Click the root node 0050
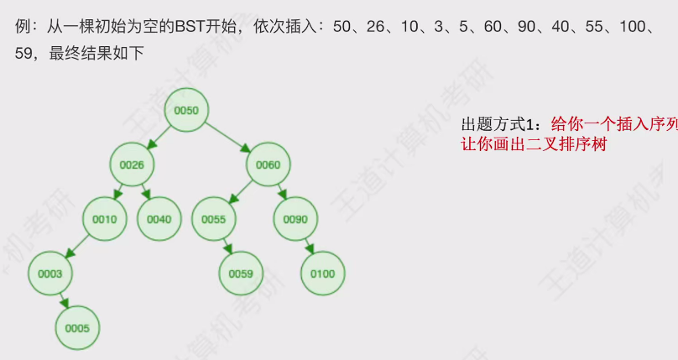[186, 110]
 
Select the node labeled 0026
[132, 164]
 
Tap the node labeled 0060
[268, 164]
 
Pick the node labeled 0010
[105, 219]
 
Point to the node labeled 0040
[159, 219]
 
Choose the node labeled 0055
[214, 219]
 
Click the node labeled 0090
[295, 219]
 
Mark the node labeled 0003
[50, 274]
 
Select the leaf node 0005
[77, 328]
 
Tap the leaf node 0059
[241, 274]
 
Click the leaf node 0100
[322, 274]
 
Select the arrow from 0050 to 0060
[227, 137]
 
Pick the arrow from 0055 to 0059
[227, 247]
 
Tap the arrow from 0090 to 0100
[309, 247]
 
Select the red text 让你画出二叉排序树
[533, 143]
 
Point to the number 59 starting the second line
[25, 54]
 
